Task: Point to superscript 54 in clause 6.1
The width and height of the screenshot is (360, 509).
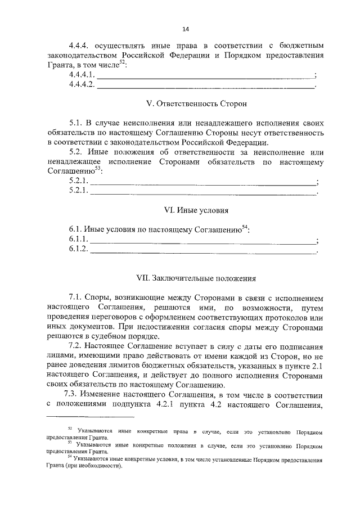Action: pyautogui.click(x=245, y=227)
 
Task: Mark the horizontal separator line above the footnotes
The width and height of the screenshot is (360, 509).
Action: pyautogui.click(x=91, y=417)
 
